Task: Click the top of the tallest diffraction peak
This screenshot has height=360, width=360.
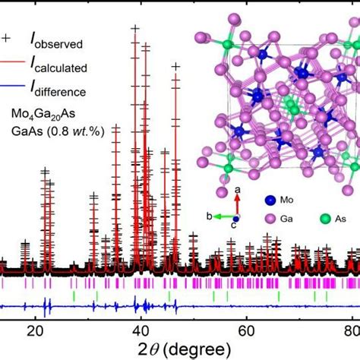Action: click(136, 29)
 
